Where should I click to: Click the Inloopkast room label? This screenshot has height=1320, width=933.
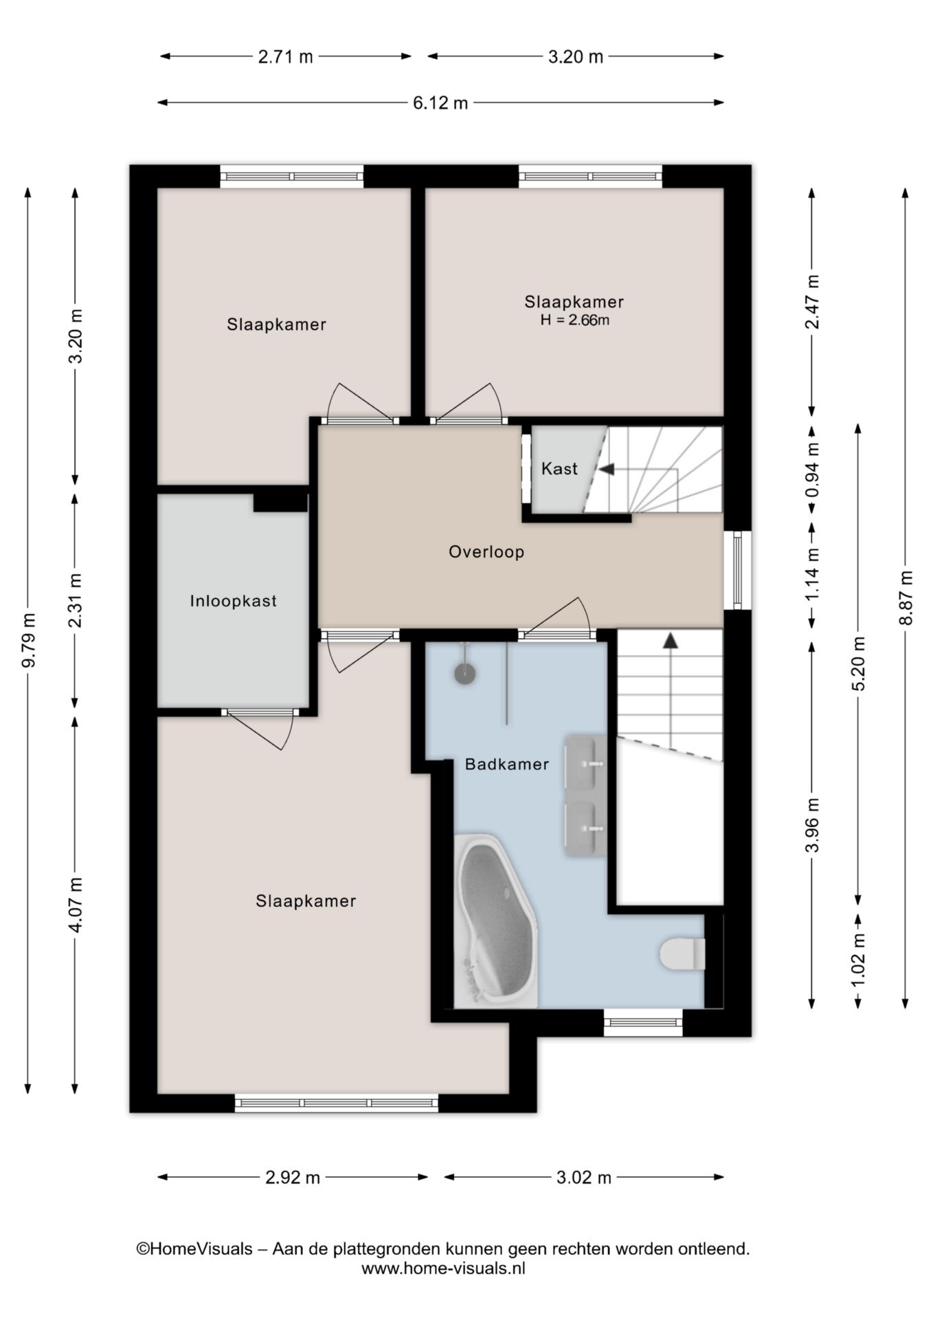(233, 601)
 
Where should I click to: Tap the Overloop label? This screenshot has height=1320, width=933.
(486, 551)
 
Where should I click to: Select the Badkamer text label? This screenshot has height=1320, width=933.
(507, 764)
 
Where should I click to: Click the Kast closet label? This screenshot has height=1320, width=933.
(559, 469)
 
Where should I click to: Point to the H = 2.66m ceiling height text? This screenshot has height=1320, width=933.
(574, 320)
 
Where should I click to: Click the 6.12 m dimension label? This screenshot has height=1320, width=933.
(440, 102)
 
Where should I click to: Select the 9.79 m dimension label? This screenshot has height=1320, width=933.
(28, 639)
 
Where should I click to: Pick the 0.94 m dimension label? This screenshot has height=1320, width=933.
(813, 469)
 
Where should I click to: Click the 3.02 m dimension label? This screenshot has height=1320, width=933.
(583, 1177)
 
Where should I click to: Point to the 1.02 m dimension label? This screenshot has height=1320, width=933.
(858, 961)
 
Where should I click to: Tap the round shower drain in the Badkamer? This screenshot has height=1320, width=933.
(465, 674)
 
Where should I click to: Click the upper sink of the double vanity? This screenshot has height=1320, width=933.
(585, 762)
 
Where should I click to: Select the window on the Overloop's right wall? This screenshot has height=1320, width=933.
(738, 570)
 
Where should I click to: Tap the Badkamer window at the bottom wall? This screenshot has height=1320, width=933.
(643, 1023)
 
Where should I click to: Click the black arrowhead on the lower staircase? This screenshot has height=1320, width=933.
(669, 641)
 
